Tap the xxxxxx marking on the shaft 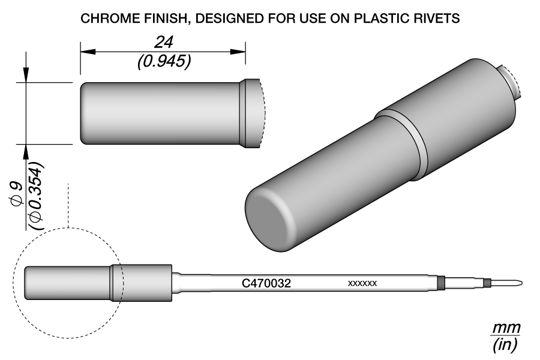[x=362, y=283]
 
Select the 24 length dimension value [x=163, y=42]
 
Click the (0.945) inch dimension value [x=163, y=61]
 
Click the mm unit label [x=505, y=329]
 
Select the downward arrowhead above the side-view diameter [x=26, y=76]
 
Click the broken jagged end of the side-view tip [x=262, y=114]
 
